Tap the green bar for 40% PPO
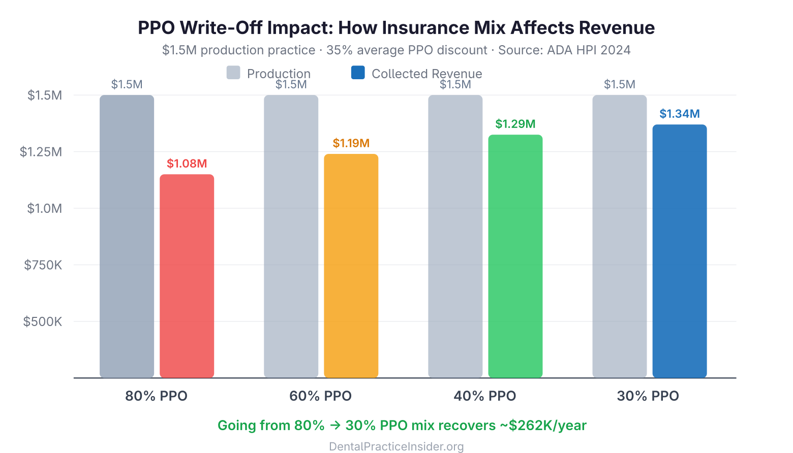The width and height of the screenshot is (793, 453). pos(515,256)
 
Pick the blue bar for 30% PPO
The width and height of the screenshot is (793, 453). pos(679,251)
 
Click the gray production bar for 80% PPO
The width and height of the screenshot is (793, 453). pos(127,236)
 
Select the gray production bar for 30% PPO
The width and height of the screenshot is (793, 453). pos(619,236)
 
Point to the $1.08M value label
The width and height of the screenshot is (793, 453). pos(187,164)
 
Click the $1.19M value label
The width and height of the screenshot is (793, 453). pos(351,143)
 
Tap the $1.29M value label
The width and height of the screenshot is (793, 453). pos(515,124)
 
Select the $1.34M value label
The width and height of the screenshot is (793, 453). pos(679,114)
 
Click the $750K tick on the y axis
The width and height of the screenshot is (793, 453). pos(43,265)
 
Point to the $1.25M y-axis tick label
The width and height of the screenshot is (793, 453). pos(41,152)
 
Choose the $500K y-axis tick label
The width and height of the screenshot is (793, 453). pos(43,321)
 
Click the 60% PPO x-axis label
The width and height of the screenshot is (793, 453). pos(320,396)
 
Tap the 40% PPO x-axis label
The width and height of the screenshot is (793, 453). pos(484,396)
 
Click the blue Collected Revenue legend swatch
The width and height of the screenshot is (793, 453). pos(358,73)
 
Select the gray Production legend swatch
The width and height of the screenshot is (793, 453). pos(233,73)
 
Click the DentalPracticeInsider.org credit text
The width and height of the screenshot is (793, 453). pos(396,446)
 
